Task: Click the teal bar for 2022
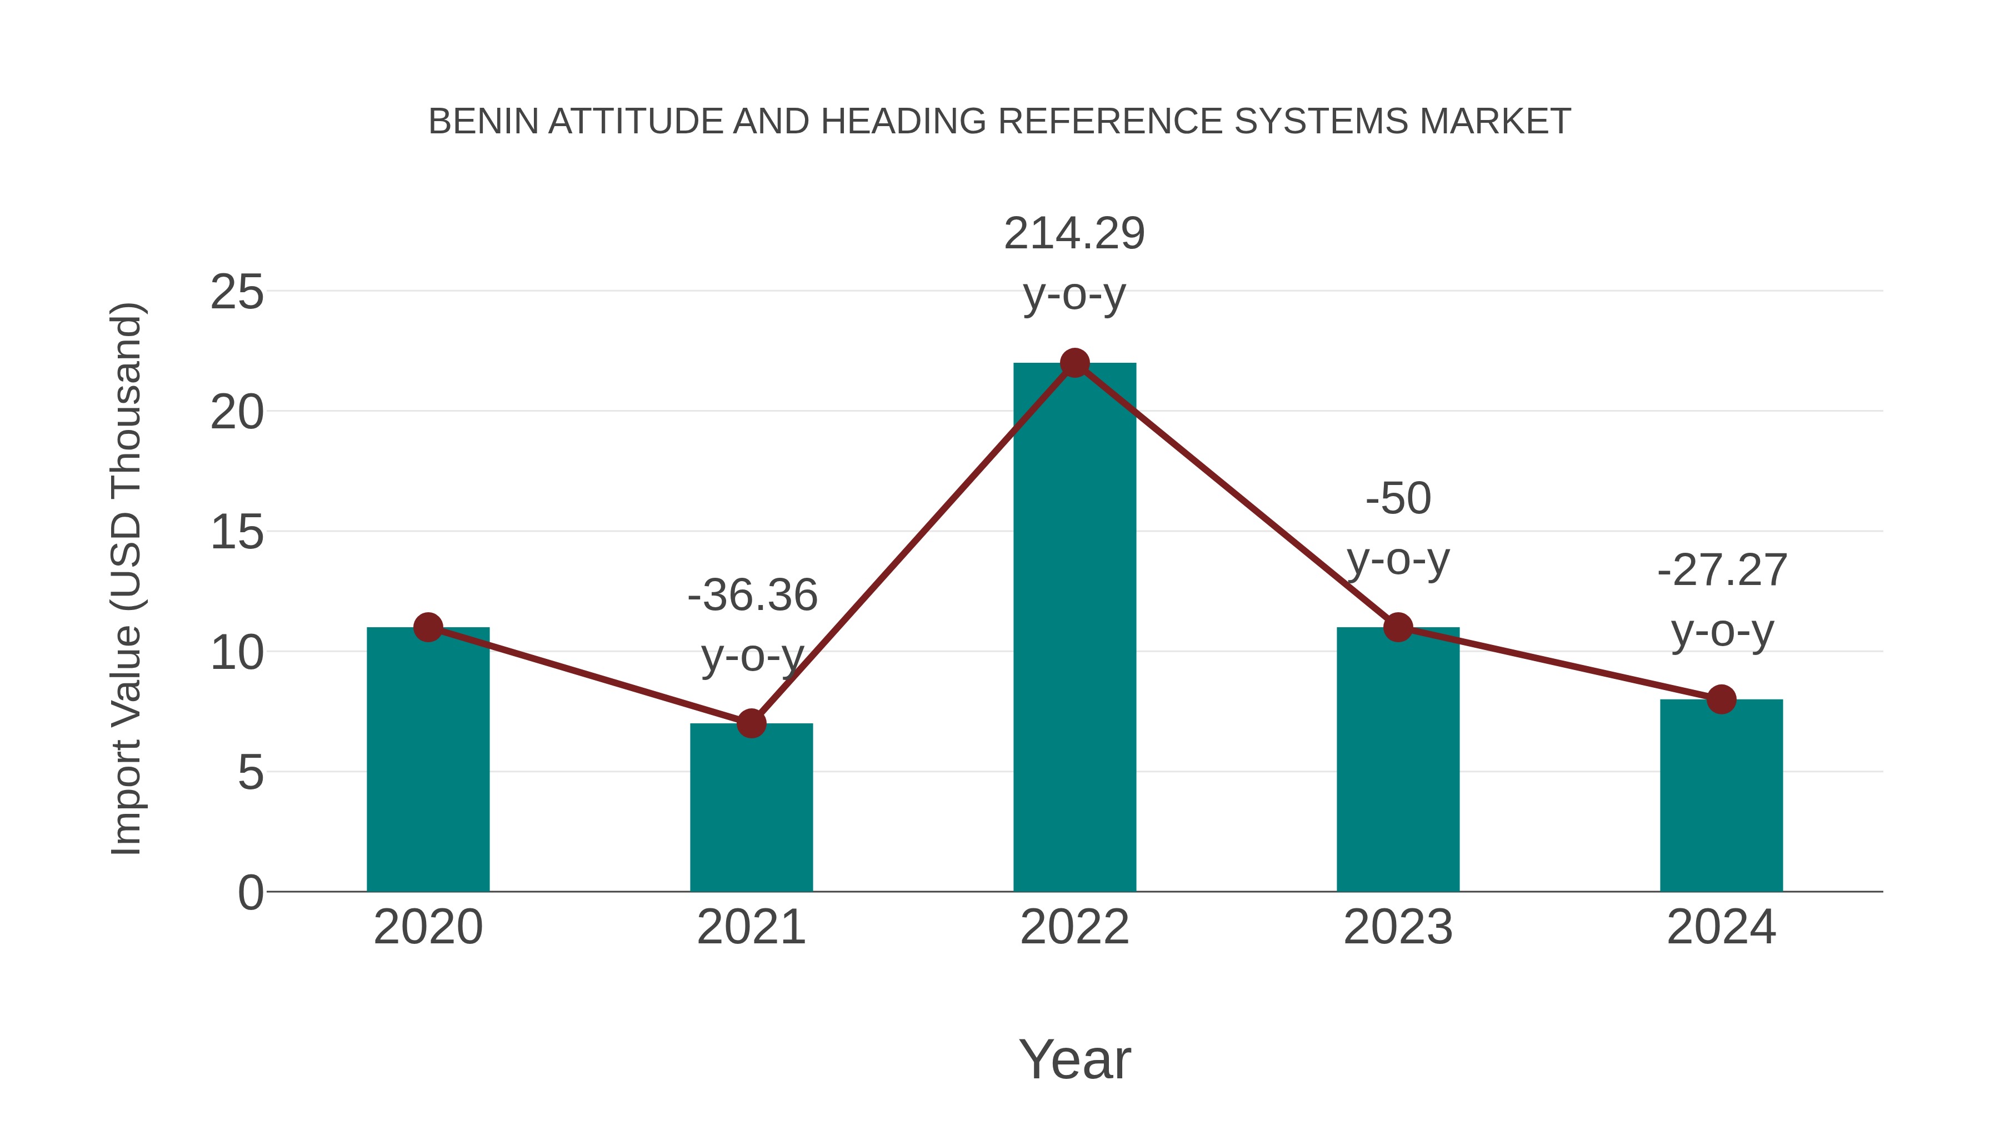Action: [x=1074, y=629]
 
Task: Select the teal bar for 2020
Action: [x=428, y=761]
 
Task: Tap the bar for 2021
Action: [x=751, y=807]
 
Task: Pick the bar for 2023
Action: [x=1398, y=761]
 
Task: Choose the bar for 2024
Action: [x=1721, y=796]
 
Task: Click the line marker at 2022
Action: [x=1074, y=363]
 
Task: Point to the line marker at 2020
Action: [x=428, y=627]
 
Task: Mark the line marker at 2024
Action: [x=1721, y=699]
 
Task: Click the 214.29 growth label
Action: [x=1074, y=234]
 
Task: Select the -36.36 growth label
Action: [x=752, y=596]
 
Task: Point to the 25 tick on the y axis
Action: [x=237, y=293]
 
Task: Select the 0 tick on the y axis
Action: [x=250, y=893]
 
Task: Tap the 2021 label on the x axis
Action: [x=751, y=927]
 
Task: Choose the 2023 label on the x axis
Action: [x=1398, y=927]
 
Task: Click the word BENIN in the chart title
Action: [x=483, y=122]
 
